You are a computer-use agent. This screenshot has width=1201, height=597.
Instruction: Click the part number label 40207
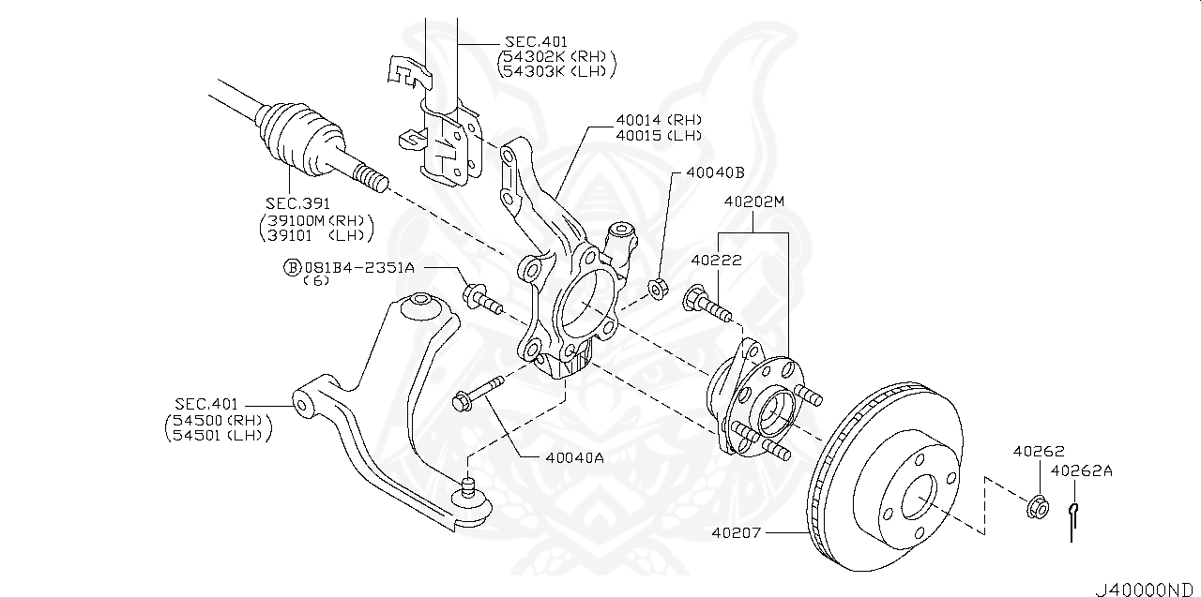pyautogui.click(x=737, y=533)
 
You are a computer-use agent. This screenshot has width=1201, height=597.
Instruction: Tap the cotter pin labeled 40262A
pyautogui.click(x=1072, y=520)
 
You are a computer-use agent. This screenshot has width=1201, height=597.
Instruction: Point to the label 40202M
pyautogui.click(x=753, y=201)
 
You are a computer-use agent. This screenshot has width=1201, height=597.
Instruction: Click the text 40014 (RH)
pyautogui.click(x=659, y=120)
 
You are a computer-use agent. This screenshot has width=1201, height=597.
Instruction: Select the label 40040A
pyautogui.click(x=574, y=458)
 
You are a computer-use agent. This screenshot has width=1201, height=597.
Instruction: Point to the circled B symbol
pyautogui.click(x=292, y=267)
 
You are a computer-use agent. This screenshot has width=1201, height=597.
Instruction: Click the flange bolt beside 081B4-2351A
pyautogui.click(x=482, y=299)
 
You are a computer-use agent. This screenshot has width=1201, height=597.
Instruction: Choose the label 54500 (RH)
pyautogui.click(x=218, y=419)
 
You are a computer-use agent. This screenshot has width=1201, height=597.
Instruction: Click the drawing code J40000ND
pyautogui.click(x=1145, y=588)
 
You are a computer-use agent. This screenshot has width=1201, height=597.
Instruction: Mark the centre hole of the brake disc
pyautogui.click(x=919, y=498)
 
